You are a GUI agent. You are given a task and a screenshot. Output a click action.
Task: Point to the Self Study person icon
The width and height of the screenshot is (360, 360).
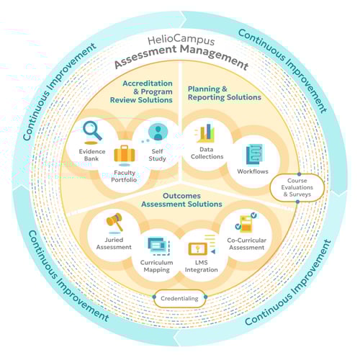point(158,131)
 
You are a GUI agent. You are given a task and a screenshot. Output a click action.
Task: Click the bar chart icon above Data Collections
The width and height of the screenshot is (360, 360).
point(205,132)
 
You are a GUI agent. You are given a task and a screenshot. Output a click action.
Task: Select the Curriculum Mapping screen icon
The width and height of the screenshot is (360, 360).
point(157,246)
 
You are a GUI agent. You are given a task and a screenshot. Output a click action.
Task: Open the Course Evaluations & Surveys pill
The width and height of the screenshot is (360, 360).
point(297,189)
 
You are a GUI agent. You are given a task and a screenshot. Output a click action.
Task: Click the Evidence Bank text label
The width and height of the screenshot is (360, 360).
point(93,155)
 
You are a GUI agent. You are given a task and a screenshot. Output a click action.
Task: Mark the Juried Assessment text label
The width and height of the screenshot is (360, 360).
point(113,243)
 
